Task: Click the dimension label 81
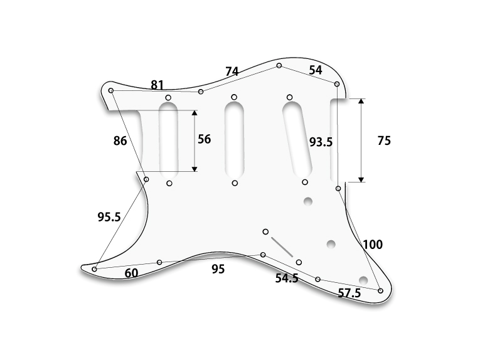[x=157, y=85]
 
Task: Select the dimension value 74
[x=232, y=71]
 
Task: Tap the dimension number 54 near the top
[x=316, y=70]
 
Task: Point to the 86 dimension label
[x=120, y=140]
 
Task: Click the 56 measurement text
[x=204, y=139]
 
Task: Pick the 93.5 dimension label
[x=321, y=142]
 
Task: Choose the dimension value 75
[x=384, y=140]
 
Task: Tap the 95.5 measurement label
[x=109, y=217]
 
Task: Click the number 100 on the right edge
[x=373, y=245]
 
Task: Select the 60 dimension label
[x=131, y=273]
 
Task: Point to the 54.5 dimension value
[x=287, y=278]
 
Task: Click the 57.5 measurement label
[x=349, y=294]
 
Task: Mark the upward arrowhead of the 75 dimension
[x=361, y=101]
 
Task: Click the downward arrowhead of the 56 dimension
[x=195, y=169]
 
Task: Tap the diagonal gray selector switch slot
[x=282, y=247]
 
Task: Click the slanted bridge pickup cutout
[x=297, y=139]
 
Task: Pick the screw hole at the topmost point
[x=279, y=65]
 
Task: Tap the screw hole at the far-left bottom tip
[x=94, y=269]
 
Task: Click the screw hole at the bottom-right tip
[x=380, y=290]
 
